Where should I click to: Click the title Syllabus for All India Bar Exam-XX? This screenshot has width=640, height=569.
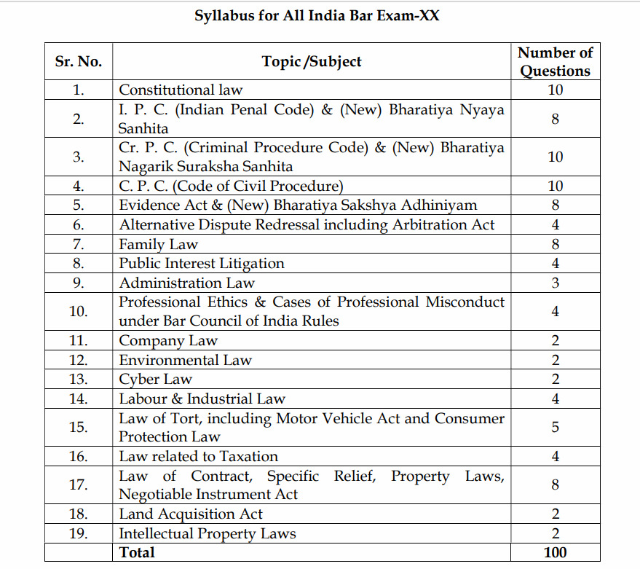[x=317, y=15]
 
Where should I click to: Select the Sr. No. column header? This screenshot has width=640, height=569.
[x=79, y=62]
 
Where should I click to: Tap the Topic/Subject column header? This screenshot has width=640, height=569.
[x=312, y=62]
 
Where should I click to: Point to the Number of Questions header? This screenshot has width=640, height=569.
[x=555, y=62]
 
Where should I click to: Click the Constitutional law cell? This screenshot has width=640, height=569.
[x=181, y=90]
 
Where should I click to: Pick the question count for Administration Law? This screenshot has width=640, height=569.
[x=555, y=283]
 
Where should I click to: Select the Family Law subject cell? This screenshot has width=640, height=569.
[x=158, y=244]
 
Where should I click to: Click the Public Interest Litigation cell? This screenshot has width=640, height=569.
[x=202, y=263]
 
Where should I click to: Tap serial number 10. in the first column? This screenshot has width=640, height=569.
[x=79, y=311]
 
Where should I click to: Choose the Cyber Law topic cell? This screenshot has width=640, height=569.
[x=155, y=379]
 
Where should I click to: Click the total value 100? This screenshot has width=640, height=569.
[x=555, y=552]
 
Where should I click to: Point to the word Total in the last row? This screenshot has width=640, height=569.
[x=137, y=552]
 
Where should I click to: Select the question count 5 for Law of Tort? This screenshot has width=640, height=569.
[x=555, y=428]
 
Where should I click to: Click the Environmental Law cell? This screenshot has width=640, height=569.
[x=185, y=360]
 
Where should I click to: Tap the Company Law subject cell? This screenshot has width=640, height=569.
[x=168, y=340]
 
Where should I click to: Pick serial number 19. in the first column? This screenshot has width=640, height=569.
[x=79, y=533]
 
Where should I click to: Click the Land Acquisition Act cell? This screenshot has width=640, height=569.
[x=191, y=514]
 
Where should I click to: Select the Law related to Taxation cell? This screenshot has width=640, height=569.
[x=198, y=457]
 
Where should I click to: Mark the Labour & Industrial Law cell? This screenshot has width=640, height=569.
[x=202, y=399]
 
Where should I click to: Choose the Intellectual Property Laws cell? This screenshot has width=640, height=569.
[x=208, y=533]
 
